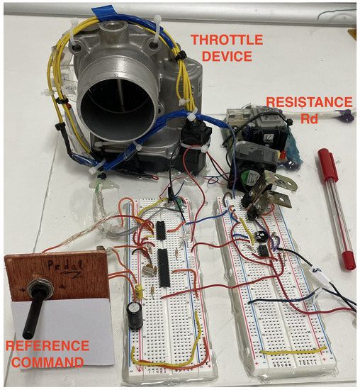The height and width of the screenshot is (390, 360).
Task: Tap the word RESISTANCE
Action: point(309,102)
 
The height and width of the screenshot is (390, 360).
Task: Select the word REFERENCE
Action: point(46,346)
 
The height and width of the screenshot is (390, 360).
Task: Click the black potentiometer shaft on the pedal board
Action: point(30,312)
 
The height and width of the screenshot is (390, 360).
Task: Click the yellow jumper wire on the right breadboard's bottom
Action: point(291,350)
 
